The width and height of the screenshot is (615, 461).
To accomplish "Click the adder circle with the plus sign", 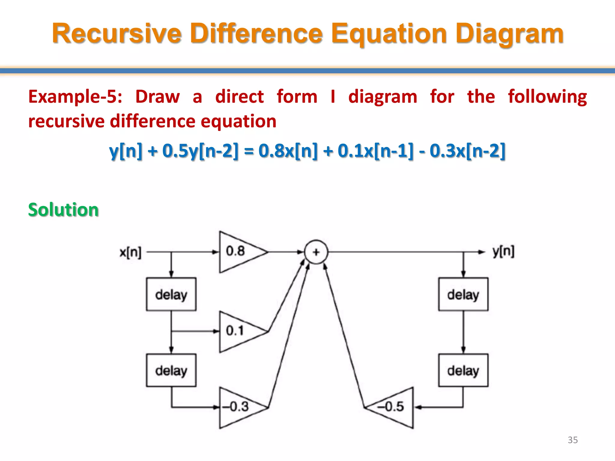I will (x=316, y=252).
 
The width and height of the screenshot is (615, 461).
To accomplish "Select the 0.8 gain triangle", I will (x=239, y=252).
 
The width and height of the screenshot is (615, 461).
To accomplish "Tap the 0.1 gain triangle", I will (x=239, y=331).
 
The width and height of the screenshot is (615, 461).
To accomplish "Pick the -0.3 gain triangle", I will (x=239, y=407).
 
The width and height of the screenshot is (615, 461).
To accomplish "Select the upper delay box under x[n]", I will (x=171, y=294).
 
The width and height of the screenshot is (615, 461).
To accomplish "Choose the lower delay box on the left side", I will (x=171, y=370).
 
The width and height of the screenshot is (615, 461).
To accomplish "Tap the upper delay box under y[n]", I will (x=463, y=294).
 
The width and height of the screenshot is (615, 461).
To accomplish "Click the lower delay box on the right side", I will (x=463, y=370).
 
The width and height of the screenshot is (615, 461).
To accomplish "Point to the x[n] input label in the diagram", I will (x=130, y=252).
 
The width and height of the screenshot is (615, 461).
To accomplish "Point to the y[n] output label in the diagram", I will (x=503, y=252).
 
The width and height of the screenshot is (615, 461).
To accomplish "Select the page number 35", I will (x=573, y=440).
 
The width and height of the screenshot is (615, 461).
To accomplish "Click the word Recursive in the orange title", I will (x=117, y=34).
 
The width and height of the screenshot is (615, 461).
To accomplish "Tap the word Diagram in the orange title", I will (x=509, y=34).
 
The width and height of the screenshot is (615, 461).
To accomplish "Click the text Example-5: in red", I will (x=75, y=97).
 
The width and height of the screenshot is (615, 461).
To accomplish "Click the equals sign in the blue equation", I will (x=249, y=151).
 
